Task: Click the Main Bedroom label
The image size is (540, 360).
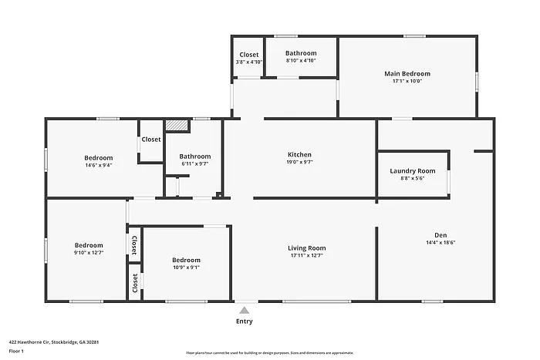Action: [x=407, y=74]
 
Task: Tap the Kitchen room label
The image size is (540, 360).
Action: [x=299, y=155]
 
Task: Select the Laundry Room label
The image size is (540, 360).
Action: [x=413, y=170]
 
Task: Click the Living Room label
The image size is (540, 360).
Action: [x=306, y=248]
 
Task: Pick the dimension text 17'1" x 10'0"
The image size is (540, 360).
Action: [x=407, y=81]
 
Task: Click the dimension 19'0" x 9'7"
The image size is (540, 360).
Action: [x=299, y=163]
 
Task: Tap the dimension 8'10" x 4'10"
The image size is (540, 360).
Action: [x=301, y=61]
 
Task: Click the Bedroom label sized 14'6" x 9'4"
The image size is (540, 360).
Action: [x=99, y=158]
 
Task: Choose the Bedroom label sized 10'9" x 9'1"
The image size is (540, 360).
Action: [x=186, y=260]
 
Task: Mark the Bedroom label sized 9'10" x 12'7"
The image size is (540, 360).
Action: [x=89, y=245]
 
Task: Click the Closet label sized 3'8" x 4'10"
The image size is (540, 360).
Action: [x=248, y=55]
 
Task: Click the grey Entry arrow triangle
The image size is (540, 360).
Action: [x=244, y=309]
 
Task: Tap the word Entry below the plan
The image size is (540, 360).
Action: [x=244, y=321]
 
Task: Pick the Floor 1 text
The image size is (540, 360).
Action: [x=16, y=351]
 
